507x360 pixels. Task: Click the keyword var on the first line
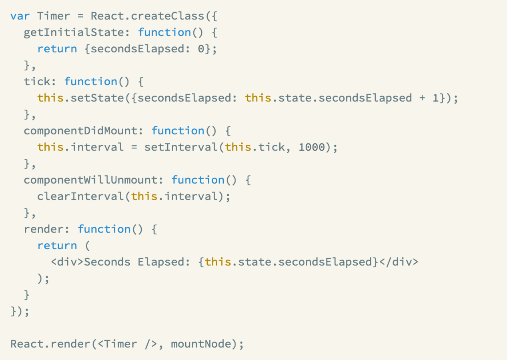(x=20, y=16)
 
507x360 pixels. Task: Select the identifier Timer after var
(x=54, y=16)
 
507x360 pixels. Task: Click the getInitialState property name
(x=74, y=32)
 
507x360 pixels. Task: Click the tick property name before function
(x=37, y=82)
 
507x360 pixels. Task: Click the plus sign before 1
(x=422, y=98)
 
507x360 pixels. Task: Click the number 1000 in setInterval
(x=312, y=147)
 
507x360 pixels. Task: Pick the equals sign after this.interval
(x=134, y=147)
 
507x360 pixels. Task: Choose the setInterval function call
(x=181, y=147)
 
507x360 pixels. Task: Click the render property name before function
(x=44, y=229)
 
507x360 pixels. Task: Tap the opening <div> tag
(x=67, y=262)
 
